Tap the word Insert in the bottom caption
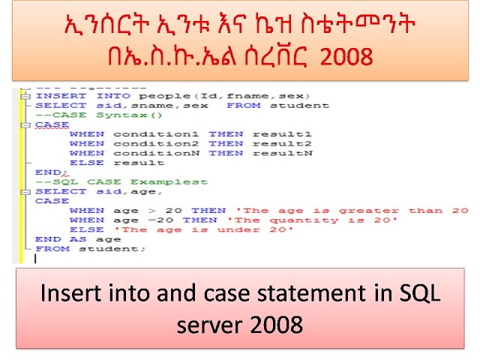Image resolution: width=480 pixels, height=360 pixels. click(x=65, y=295)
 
